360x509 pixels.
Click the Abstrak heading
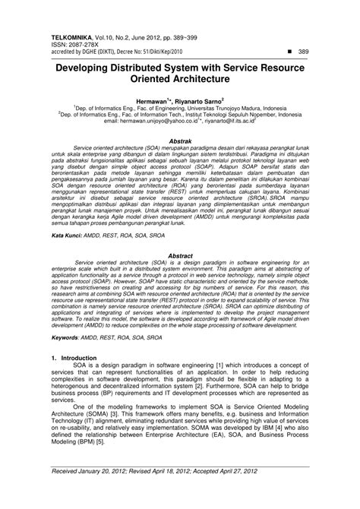(x=179, y=141)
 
